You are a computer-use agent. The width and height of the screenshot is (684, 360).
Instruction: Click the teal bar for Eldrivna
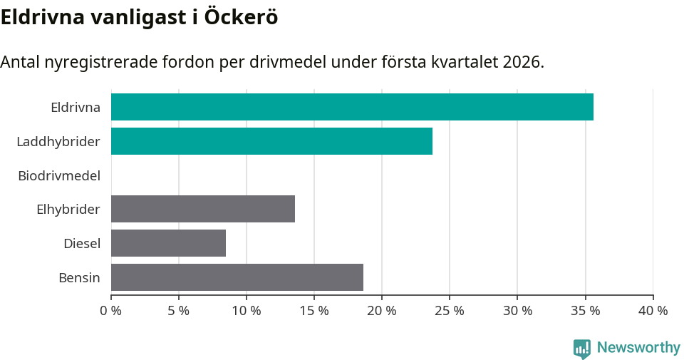tap(352, 107)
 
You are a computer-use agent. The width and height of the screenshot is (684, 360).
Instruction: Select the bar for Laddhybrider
tap(271, 141)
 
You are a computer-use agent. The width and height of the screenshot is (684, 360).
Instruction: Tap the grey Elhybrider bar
tap(203, 209)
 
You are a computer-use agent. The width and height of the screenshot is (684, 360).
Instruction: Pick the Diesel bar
tap(168, 243)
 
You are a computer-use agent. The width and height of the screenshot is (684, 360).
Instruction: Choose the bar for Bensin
tap(237, 277)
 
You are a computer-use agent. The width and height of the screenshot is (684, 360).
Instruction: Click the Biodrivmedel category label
tap(59, 175)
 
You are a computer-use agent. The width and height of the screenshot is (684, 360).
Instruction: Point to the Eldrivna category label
tap(76, 108)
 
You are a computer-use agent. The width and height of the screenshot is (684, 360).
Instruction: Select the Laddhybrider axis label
tap(58, 142)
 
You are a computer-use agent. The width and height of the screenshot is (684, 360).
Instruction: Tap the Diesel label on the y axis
tap(82, 244)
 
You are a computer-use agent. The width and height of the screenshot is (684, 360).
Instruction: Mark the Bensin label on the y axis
tap(79, 278)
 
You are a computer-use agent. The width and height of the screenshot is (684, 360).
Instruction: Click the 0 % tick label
tap(110, 311)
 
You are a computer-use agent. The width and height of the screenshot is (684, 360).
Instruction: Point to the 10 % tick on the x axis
tap(247, 311)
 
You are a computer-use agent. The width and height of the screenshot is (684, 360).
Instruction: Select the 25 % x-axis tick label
tap(450, 311)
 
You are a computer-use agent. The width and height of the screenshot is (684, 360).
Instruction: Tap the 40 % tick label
tap(653, 311)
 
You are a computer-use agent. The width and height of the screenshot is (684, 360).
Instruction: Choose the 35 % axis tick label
tap(585, 311)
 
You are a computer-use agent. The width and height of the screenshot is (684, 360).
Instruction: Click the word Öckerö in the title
tap(241, 17)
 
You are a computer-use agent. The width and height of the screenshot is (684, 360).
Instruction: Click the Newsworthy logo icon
tap(582, 349)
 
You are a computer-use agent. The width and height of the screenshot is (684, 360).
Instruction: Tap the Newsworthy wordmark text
tap(638, 348)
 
